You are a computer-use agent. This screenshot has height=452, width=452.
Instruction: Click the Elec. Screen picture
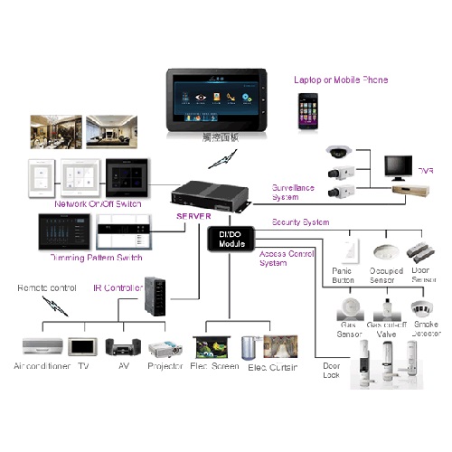coord(213,345)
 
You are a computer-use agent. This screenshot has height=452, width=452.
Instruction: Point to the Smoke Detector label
coord(427,328)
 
